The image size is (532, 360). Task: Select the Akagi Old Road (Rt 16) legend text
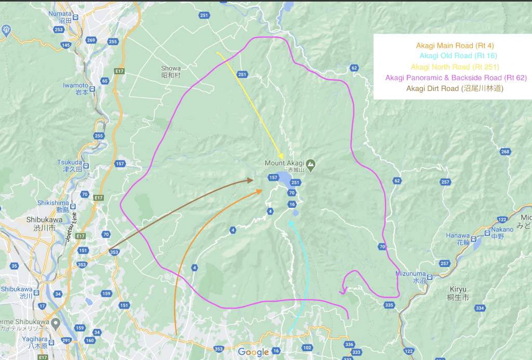453,56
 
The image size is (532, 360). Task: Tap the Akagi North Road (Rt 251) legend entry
455,67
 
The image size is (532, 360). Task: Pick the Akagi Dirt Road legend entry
455,88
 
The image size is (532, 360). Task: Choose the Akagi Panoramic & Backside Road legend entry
456,78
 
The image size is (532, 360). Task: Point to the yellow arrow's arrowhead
281,157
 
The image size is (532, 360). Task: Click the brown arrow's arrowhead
251,180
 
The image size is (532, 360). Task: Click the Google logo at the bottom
254,352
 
